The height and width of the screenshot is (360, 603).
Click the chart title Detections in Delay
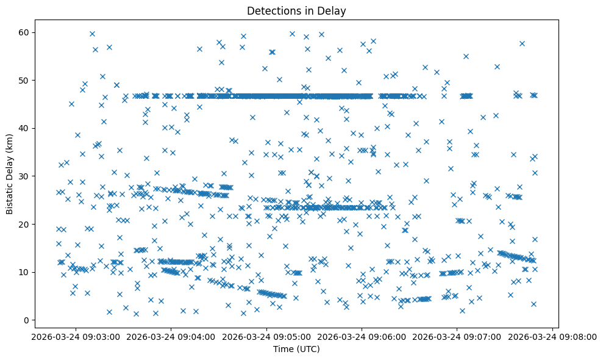click(296, 10)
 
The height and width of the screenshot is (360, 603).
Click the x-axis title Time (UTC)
click(296, 349)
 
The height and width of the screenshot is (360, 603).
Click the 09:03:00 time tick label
click(76, 336)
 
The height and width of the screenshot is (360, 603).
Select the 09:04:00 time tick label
click(171, 336)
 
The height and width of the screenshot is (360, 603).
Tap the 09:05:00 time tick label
click(266, 336)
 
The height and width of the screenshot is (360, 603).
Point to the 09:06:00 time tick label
click(362, 336)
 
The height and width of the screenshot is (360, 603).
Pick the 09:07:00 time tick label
click(457, 336)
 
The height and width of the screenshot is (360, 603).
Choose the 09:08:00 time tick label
click(553, 336)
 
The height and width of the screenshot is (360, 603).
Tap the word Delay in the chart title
click(333, 10)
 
